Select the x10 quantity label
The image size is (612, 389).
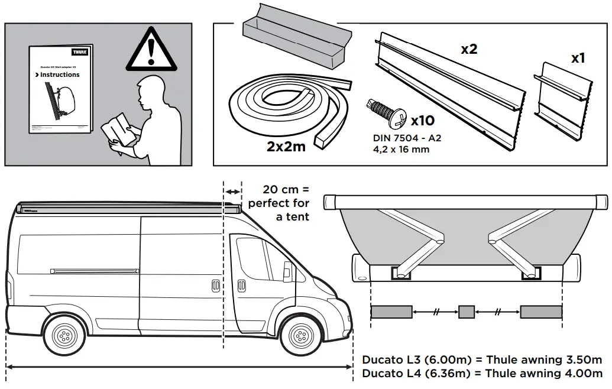coord(422,121)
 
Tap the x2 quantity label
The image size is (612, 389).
coord(469,49)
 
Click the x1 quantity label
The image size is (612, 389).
coord(578,59)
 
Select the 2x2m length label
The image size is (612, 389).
coord(286,146)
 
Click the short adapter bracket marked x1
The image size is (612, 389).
coord(562,98)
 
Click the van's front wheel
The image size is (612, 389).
coord(300,336)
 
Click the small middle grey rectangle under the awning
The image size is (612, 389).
coord(467,312)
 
